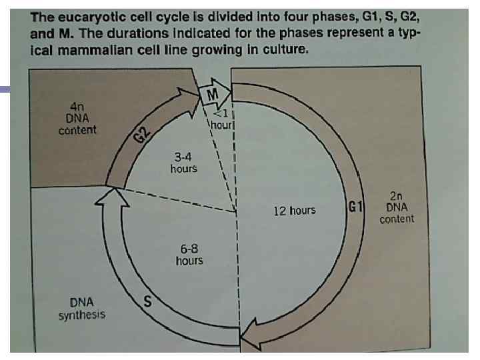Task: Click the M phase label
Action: click(x=212, y=96)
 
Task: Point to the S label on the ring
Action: click(x=149, y=301)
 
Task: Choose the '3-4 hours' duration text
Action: click(x=183, y=163)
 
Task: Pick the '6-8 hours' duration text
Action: click(x=189, y=253)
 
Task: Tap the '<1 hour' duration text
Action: click(x=221, y=118)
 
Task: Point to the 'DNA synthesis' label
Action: click(x=81, y=308)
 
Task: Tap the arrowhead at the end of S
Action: click(x=107, y=195)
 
